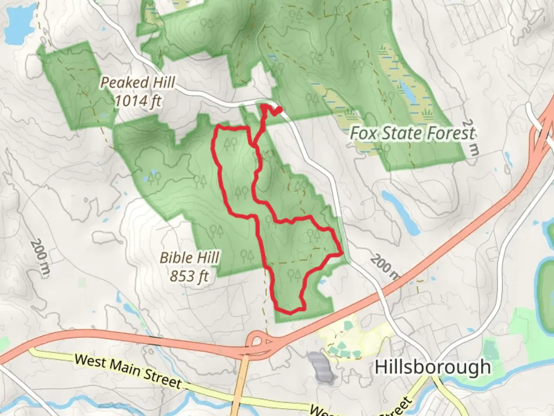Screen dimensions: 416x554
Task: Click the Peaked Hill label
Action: click(137, 82)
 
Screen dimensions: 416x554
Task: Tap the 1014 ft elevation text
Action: click(138, 101)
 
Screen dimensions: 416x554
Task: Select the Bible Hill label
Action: click(189, 257)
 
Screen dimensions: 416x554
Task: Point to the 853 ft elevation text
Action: click(189, 276)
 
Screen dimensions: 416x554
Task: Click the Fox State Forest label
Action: click(412, 133)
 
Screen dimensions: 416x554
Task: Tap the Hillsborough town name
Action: click(432, 367)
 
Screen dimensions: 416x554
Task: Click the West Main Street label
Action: click(128, 371)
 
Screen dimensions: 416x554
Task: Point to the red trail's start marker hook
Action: click(277, 111)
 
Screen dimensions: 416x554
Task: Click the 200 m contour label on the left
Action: click(40, 257)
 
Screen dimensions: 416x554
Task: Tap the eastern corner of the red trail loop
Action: click(341, 253)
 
